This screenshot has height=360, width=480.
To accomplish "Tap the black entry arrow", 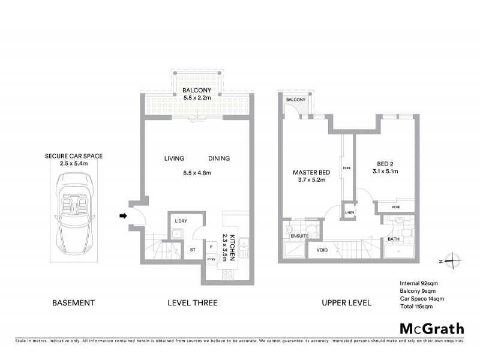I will (x=124, y=216).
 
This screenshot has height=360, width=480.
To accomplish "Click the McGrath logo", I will (x=432, y=328).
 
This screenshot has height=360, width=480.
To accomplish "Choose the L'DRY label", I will (x=181, y=221).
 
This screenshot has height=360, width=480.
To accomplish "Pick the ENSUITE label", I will (x=300, y=236).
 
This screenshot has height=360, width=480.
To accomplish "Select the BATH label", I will (x=394, y=239).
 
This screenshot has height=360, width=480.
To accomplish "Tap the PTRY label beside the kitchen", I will (x=211, y=259).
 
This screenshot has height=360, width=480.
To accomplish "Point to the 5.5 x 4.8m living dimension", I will (x=198, y=173).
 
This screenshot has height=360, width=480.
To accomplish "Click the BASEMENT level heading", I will (x=73, y=302).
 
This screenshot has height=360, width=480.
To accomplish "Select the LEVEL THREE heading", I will (x=192, y=302).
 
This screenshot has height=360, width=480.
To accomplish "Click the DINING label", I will (x=219, y=158).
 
